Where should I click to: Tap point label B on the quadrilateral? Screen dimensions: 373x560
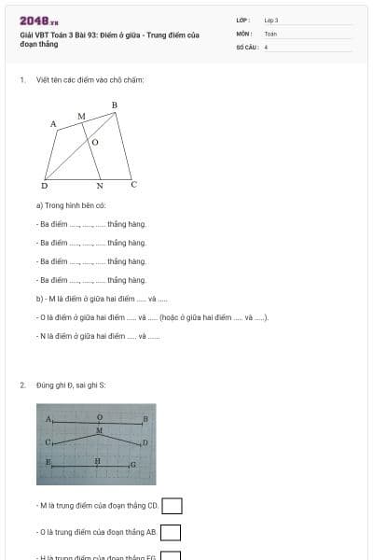(x=114, y=105)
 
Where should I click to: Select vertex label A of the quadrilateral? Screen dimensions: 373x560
(x=53, y=123)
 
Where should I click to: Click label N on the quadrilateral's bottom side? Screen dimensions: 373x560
(x=99, y=186)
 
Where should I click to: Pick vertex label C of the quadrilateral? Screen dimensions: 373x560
(x=133, y=184)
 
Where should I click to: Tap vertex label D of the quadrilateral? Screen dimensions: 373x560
(x=45, y=186)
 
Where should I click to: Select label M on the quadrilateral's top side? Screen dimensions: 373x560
(x=81, y=116)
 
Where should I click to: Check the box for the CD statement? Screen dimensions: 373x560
(x=172, y=506)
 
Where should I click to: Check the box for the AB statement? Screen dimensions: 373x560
(x=170, y=532)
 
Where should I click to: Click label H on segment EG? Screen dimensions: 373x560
(x=97, y=460)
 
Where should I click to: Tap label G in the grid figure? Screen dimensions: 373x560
(x=133, y=464)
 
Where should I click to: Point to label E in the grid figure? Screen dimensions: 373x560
(x=48, y=462)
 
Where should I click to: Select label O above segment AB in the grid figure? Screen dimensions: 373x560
(x=100, y=417)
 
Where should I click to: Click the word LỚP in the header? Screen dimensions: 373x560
(x=242, y=20)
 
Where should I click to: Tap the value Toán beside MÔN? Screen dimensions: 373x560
(x=270, y=33)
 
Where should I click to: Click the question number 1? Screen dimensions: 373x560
(x=21, y=79)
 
